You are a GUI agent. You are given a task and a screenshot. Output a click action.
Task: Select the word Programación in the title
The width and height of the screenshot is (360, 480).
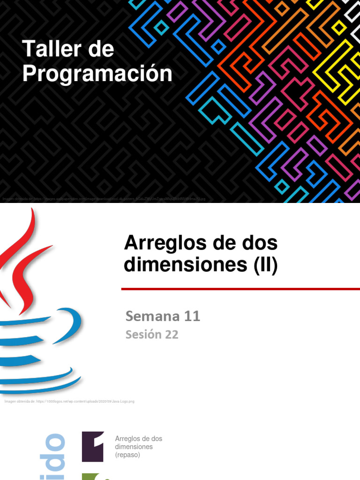(x=97, y=74)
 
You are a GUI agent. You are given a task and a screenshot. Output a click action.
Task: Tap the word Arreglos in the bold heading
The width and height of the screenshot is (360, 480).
(x=160, y=243)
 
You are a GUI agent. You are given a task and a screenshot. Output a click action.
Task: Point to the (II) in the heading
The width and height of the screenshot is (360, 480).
(x=266, y=266)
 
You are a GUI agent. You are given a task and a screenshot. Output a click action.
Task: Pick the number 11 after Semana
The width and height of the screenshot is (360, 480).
(x=192, y=316)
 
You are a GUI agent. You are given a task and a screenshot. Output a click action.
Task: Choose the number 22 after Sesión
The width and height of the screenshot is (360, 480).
(x=171, y=335)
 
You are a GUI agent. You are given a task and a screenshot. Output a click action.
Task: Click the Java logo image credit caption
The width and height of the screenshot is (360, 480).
(x=69, y=401)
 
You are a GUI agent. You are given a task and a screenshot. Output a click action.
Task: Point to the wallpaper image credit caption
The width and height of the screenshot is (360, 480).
(x=103, y=199)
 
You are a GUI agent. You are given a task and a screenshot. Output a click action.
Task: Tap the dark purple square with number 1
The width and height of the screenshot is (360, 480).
(x=93, y=446)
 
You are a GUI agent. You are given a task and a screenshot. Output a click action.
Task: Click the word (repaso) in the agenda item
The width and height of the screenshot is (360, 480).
(x=127, y=455)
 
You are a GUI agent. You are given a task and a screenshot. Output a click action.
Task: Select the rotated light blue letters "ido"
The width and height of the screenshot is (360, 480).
(x=53, y=457)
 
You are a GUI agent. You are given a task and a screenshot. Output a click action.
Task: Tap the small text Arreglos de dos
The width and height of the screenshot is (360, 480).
(x=138, y=439)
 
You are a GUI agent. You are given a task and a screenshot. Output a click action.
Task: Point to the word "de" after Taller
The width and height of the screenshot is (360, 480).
(x=99, y=50)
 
